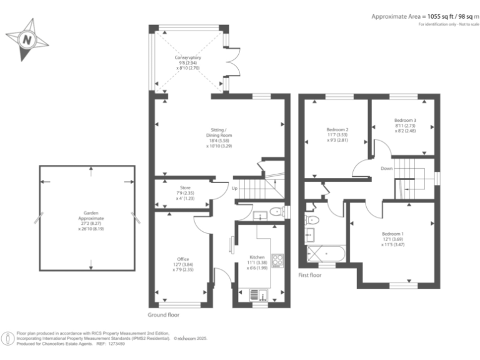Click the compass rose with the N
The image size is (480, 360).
(26, 40)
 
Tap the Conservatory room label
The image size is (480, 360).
(187, 63)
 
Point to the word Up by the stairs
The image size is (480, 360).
(234, 188)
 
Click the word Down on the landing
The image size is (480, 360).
(387, 168)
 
